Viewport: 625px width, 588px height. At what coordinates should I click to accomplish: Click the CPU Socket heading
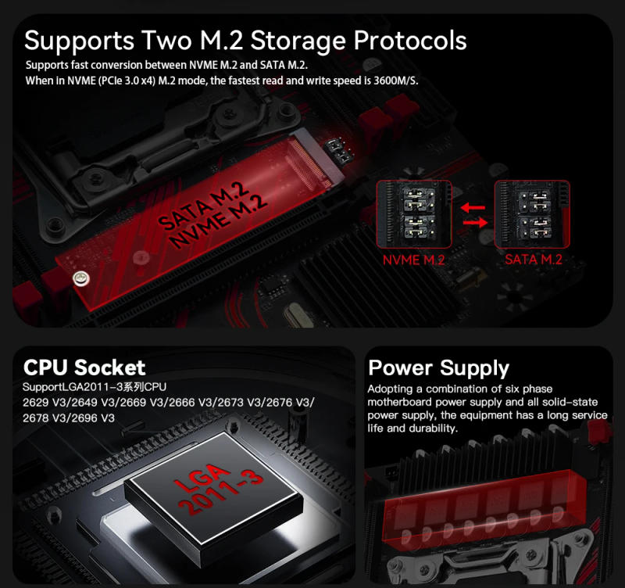tap(84, 367)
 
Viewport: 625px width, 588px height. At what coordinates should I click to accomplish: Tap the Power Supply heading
tap(438, 368)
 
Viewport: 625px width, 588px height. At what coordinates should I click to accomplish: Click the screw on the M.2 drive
tap(78, 278)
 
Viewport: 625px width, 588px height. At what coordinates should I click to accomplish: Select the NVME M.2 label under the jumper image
tap(413, 260)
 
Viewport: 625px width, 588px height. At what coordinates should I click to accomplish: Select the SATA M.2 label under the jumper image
tap(533, 260)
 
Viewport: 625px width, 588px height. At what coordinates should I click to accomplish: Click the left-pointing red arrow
tap(473, 208)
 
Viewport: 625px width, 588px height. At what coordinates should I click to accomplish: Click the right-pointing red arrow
tap(473, 224)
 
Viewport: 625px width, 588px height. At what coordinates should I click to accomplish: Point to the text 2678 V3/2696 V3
tap(70, 418)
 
